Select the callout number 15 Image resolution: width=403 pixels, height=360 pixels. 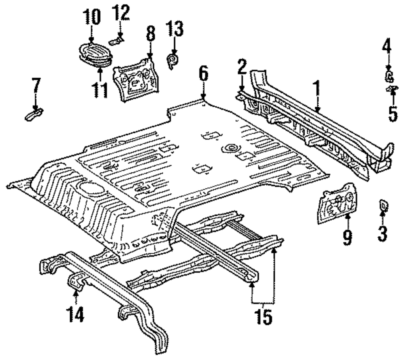[x=264, y=318]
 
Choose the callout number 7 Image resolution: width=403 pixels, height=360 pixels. [x=36, y=87]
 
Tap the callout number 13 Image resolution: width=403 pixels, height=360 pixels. [x=175, y=31]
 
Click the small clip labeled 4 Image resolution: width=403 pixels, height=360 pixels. [x=389, y=75]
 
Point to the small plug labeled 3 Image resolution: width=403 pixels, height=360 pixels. [x=383, y=206]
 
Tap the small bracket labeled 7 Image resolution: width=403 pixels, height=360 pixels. [x=35, y=115]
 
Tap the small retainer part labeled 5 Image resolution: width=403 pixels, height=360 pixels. [x=391, y=89]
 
